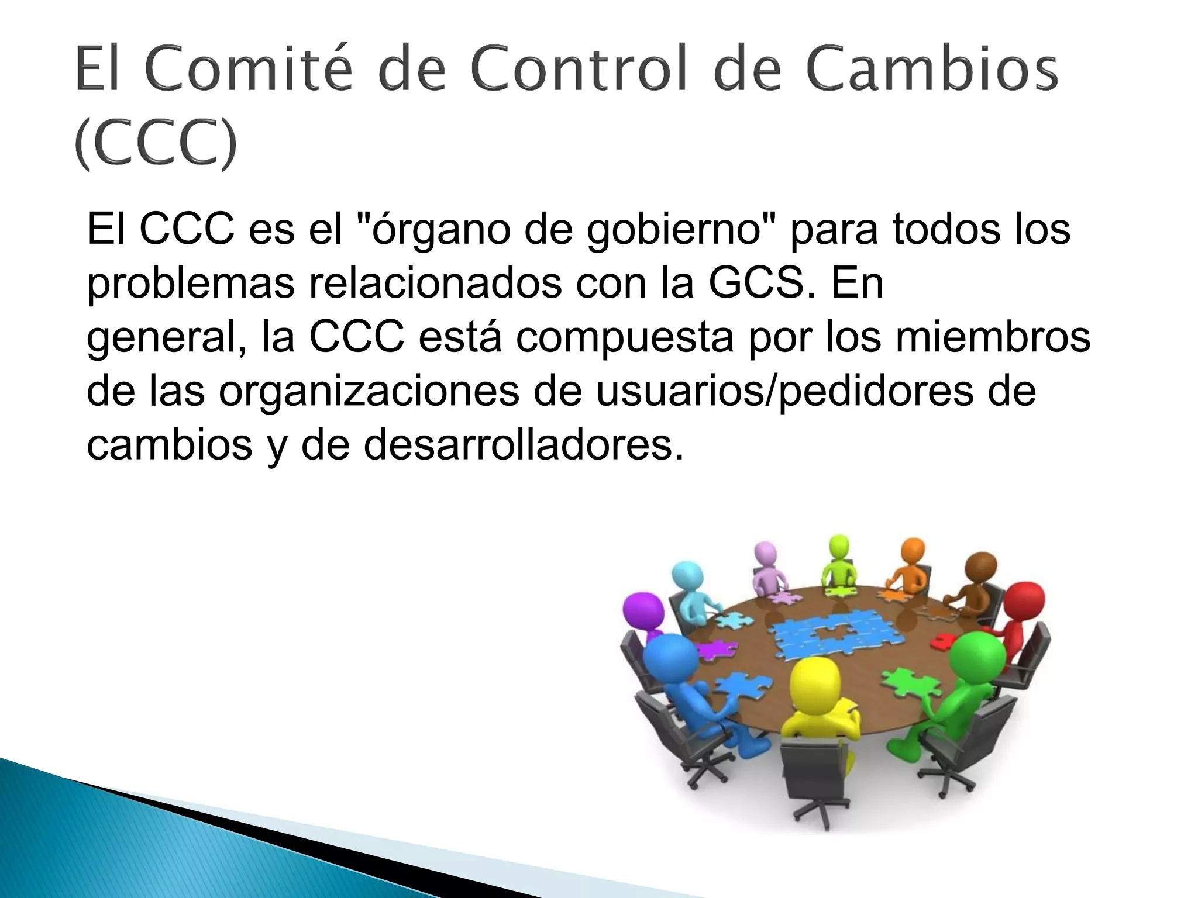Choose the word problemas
(191, 284)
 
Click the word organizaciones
(369, 392)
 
